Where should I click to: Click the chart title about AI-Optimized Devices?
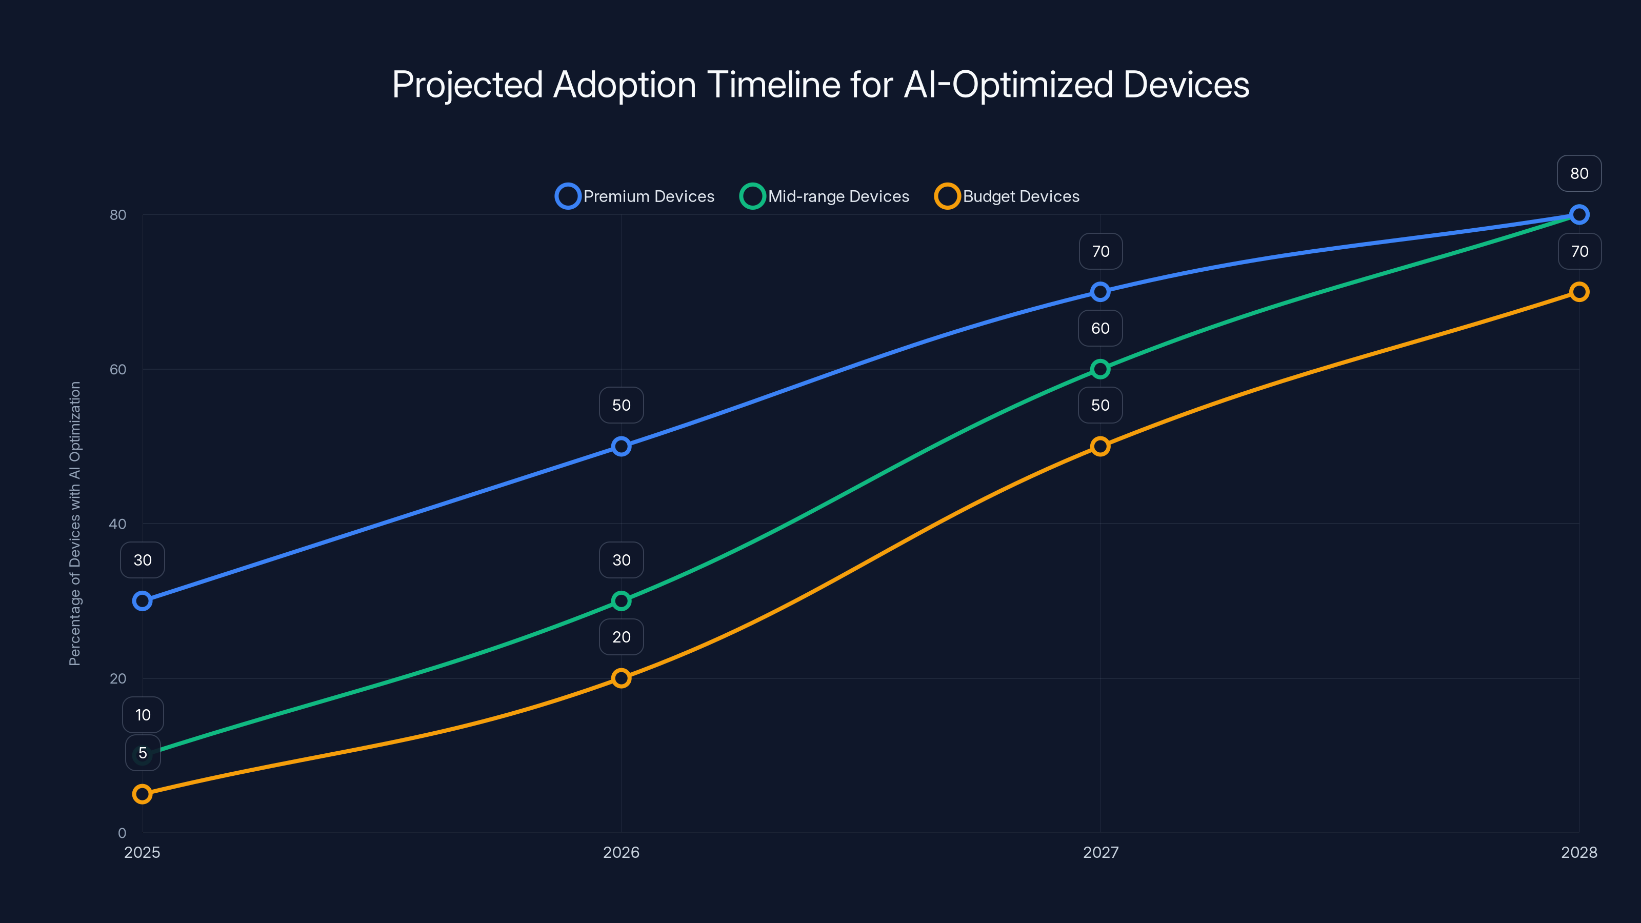[x=820, y=85]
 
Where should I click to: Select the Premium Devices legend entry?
[x=635, y=196]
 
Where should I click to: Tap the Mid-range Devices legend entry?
[x=825, y=196]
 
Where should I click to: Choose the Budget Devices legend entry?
[x=1007, y=196]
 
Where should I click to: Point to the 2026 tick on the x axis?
[x=621, y=852]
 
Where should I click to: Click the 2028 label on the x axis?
[x=1578, y=852]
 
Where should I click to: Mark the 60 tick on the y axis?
[x=118, y=369]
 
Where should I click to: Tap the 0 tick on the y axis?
[x=122, y=833]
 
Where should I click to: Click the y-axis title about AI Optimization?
[x=75, y=524]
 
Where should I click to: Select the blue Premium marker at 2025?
[x=142, y=600]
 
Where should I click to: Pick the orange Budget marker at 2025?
[x=142, y=794]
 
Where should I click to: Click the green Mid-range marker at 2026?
[x=621, y=600]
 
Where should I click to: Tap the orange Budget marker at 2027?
[x=1100, y=447]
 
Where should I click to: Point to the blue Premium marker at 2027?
[x=1100, y=292]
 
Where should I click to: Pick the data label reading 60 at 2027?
[x=1100, y=328]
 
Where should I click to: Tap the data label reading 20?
[x=621, y=637]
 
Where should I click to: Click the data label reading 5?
[x=143, y=753]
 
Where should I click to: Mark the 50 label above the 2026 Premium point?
[x=621, y=405]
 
